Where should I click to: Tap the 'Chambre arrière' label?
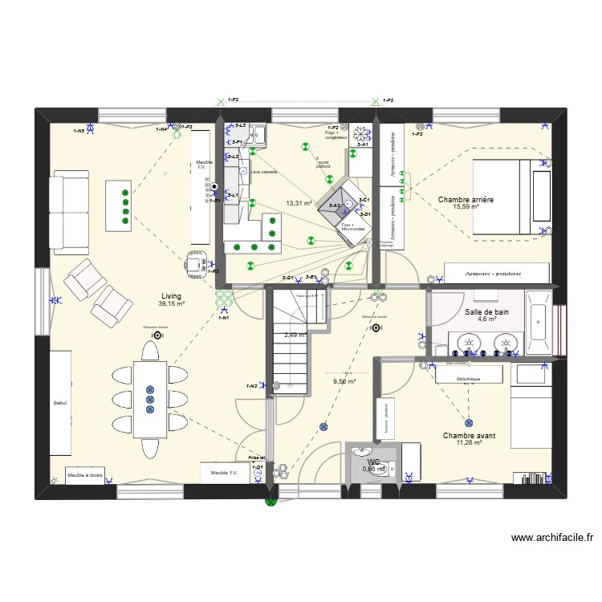point(466,199)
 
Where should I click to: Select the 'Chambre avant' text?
point(469,436)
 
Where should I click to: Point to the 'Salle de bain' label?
point(486,311)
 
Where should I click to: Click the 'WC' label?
point(373,462)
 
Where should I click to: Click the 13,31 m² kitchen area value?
point(299,204)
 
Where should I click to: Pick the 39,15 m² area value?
point(172,304)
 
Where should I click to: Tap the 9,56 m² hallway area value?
point(344,382)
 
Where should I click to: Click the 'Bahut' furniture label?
point(59,403)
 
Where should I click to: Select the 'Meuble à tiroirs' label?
point(84,475)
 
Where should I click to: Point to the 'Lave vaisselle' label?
point(265,172)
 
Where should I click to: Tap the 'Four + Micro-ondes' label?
point(353,227)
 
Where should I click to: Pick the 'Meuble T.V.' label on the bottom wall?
point(224,474)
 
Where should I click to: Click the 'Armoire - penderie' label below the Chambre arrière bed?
point(493,274)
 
